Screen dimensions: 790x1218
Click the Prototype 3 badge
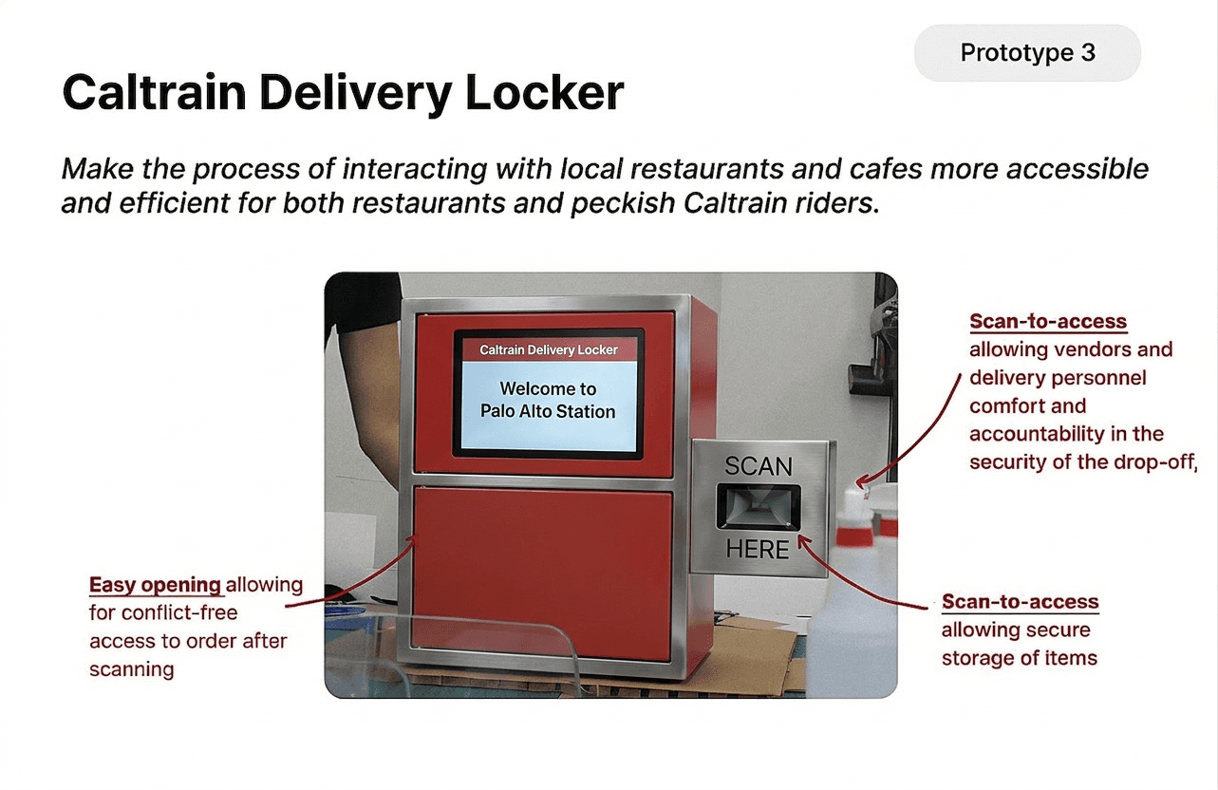tap(1027, 53)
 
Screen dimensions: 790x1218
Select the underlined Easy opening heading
tap(155, 584)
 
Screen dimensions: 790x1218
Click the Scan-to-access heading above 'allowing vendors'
tap(1048, 321)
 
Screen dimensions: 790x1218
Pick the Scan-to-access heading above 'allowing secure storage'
tap(1020, 602)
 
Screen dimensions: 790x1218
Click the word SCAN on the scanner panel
tap(758, 466)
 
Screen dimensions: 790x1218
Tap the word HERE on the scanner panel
tap(757, 549)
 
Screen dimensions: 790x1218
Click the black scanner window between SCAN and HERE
tap(758, 507)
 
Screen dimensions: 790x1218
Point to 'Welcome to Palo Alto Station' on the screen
tap(548, 400)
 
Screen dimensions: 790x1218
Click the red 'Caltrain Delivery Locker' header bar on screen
tap(549, 349)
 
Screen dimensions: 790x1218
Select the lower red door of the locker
tap(544, 570)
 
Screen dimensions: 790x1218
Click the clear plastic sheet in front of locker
tap(456, 655)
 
